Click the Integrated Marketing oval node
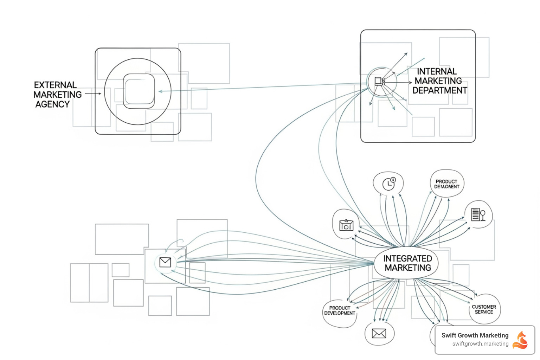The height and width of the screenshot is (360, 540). coord(407,263)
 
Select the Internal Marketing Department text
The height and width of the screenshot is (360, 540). coord(439,81)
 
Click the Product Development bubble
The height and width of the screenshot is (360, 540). coord(340,311)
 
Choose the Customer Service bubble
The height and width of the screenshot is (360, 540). coord(484,309)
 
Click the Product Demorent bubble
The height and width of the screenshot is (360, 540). coord(446,184)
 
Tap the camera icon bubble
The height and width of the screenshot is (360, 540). coord(346,225)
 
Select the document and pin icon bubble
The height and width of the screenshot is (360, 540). coord(478,214)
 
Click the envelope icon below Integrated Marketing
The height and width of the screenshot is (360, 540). coord(379,333)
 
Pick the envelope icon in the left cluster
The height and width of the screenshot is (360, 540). coord(165,262)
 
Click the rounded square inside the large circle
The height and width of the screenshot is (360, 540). coord(139,91)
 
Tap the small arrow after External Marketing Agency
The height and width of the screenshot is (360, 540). coord(93,94)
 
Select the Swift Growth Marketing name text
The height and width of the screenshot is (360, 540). coord(475,335)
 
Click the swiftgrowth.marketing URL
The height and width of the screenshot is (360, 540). coord(480,344)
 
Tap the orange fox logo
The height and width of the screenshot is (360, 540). coord(521,340)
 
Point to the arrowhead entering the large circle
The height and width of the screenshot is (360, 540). coord(160,91)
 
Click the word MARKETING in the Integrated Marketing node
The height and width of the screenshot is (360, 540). coord(408,268)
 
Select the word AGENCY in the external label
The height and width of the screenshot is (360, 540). coord(52,104)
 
